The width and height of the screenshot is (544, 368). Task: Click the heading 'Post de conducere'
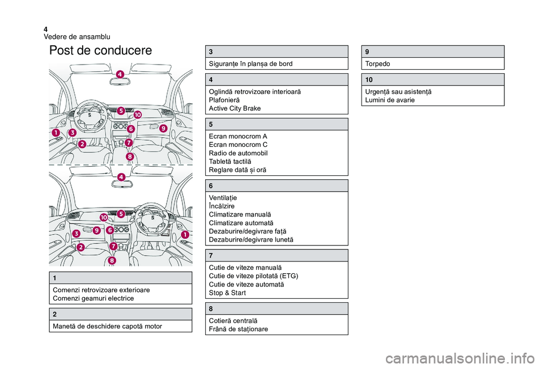pos(100,50)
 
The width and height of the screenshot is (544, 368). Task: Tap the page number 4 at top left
pos(45,29)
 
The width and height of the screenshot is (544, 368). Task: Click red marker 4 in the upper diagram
pos(120,74)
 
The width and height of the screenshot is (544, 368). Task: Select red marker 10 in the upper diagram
pos(138,115)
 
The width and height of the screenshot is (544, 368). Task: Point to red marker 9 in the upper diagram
pos(163,128)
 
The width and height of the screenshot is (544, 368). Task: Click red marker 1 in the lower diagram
pos(184,234)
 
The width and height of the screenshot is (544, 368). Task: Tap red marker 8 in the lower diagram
pos(112,260)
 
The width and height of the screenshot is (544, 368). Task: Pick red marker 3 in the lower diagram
pos(75,234)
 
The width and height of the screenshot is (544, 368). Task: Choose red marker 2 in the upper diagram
pos(82,144)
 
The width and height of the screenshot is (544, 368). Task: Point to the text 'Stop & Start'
pos(228,293)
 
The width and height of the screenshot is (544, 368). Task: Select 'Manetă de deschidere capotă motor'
pos(108,326)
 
